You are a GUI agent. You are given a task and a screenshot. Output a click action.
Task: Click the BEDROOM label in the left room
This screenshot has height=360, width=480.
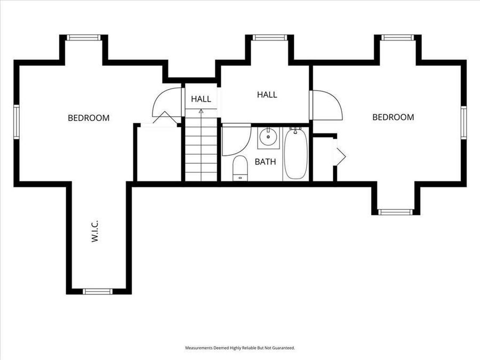[x=89, y=118]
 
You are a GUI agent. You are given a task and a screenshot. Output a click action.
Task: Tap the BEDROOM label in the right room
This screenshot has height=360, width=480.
[x=393, y=117]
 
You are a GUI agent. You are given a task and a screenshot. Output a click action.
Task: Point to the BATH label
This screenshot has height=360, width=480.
[x=265, y=162]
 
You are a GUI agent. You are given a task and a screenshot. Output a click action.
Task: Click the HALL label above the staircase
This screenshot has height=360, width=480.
[x=201, y=99]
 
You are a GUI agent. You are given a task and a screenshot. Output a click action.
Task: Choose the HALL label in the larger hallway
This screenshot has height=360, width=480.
[x=267, y=95]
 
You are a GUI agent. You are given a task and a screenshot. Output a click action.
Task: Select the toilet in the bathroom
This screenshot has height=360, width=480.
[x=241, y=167]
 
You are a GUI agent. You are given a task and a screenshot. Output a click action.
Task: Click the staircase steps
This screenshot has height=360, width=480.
[x=201, y=149]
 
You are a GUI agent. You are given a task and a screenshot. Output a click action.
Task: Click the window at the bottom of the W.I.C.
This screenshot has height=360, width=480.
[x=98, y=291]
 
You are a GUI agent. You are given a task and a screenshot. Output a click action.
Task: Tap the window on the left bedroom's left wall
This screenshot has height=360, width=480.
[x=17, y=122]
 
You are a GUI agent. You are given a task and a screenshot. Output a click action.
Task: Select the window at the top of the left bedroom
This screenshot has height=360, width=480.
[x=84, y=38]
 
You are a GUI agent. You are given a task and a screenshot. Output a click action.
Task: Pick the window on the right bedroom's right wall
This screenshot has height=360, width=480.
[x=463, y=123]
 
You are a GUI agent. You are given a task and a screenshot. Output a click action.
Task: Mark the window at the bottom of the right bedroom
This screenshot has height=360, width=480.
[x=395, y=212]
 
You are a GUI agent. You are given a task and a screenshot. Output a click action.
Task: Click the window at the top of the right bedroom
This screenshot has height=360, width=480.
[x=398, y=38]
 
